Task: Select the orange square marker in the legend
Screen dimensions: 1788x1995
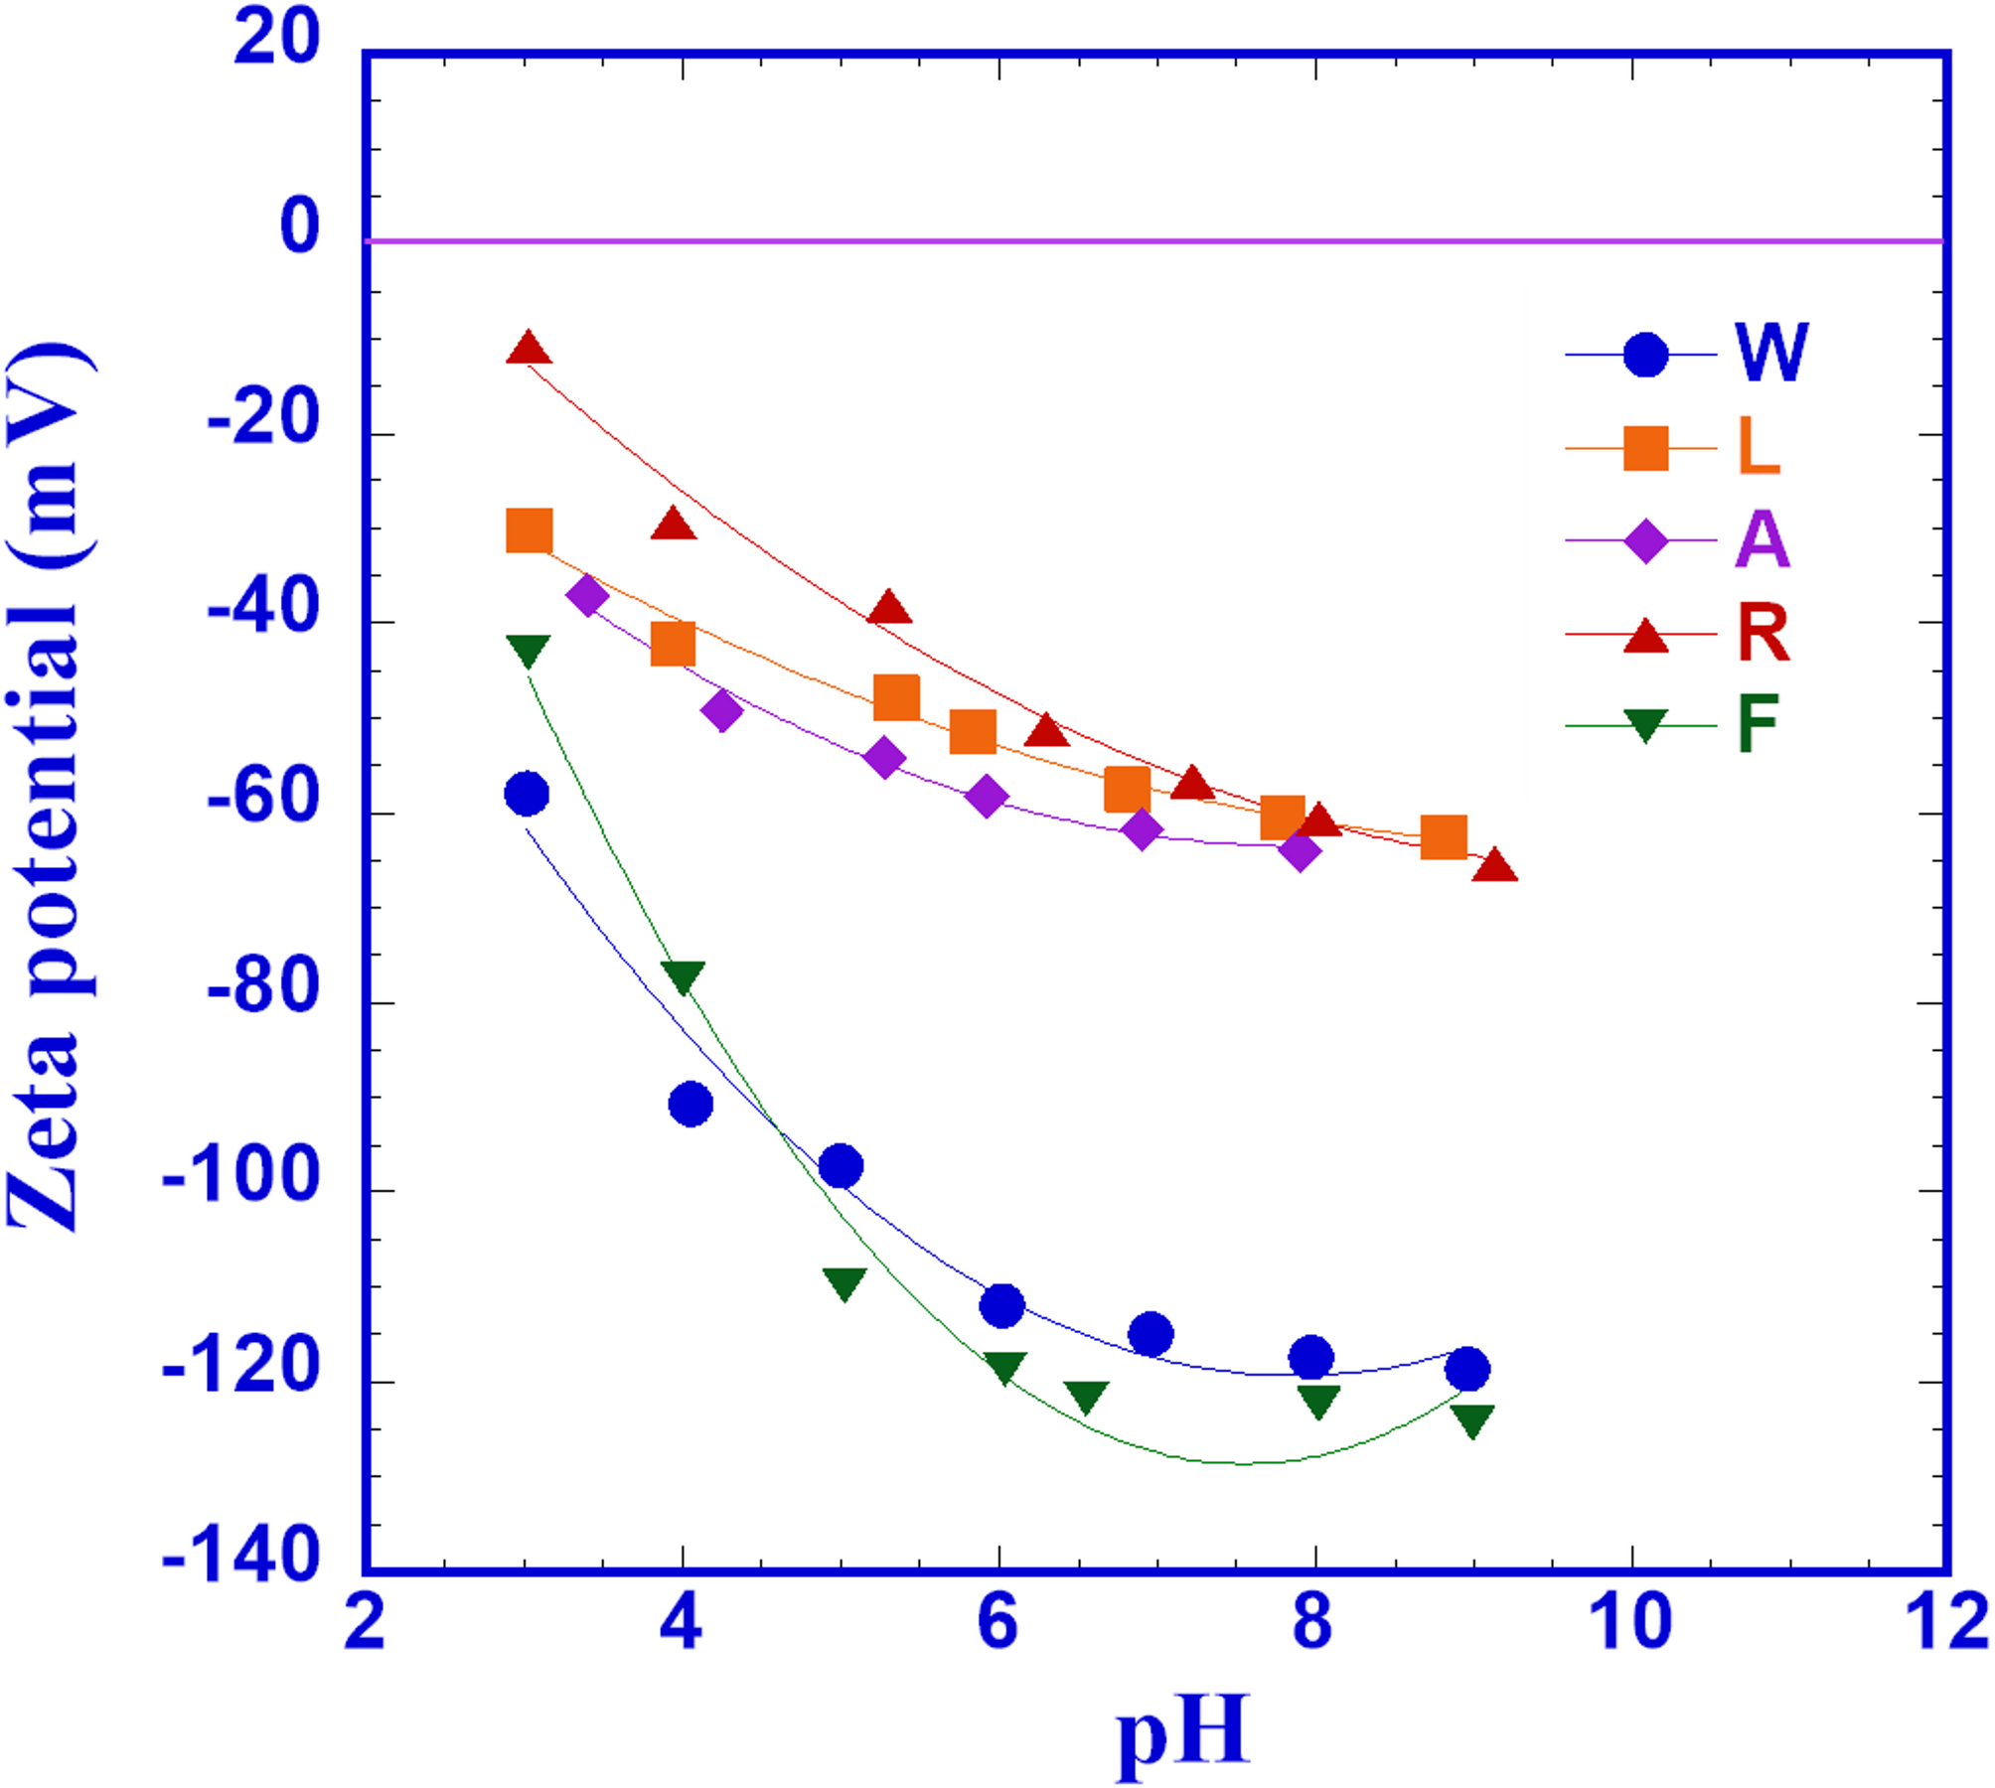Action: (x=1645, y=448)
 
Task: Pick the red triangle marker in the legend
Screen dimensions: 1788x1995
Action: (x=1645, y=636)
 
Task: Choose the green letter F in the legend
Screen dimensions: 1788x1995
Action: (x=1758, y=724)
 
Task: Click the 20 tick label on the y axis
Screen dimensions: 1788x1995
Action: (x=276, y=38)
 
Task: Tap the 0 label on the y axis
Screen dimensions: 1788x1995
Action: (x=299, y=225)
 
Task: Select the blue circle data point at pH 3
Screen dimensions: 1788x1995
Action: (x=527, y=793)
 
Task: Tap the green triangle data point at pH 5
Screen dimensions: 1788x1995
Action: (x=844, y=1282)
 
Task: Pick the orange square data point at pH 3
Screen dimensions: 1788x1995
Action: (x=529, y=530)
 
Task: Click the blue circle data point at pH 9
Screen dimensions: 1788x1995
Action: (x=1467, y=1369)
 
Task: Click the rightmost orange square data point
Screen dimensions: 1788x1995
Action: (x=1444, y=837)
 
